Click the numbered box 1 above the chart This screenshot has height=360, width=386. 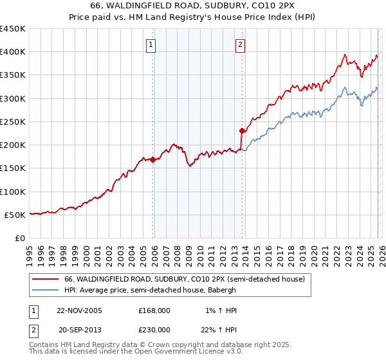coord(150,45)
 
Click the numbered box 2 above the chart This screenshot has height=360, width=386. coord(239,45)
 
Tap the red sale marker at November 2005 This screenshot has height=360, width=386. coord(153,160)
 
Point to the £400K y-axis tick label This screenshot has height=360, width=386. coord(13,52)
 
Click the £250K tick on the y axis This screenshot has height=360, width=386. coord(13,122)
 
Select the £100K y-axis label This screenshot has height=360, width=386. coord(13,192)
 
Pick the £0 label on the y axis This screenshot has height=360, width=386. coord(20,238)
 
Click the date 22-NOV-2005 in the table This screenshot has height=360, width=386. coord(79,310)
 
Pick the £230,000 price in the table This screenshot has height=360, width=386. coord(154,329)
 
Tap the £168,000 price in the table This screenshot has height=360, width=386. coord(154,310)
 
